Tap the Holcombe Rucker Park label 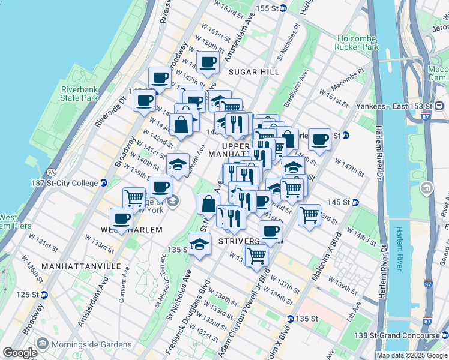[x=357, y=42]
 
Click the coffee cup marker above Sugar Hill [x=208, y=62]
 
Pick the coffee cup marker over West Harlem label [x=122, y=219]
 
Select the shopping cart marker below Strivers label [x=257, y=255]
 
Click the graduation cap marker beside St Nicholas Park [x=199, y=244]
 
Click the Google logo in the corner [x=20, y=353]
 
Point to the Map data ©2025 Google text [x=411, y=355]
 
